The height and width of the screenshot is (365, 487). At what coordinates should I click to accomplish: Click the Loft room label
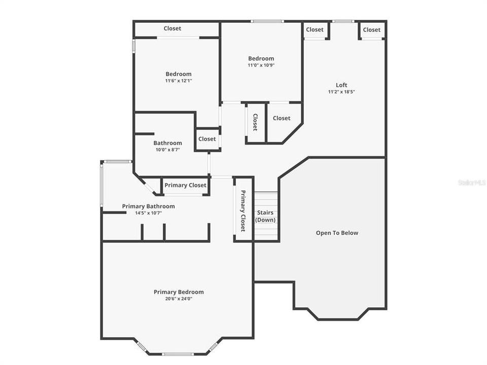coord(341,85)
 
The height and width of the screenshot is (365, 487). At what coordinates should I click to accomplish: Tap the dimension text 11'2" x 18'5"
coord(341,92)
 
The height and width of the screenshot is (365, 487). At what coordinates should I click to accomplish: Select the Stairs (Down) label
coord(266,216)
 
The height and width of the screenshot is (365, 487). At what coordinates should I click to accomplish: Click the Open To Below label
coord(337,233)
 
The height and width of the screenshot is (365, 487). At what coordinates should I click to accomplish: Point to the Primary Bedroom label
coord(179,292)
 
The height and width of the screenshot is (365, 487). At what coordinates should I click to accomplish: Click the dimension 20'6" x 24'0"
coord(179,299)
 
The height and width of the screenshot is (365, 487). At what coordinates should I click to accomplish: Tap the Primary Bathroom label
coord(148,206)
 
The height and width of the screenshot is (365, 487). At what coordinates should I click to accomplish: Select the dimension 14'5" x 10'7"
coord(148,213)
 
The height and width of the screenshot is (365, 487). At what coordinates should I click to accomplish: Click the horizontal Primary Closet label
coord(185,186)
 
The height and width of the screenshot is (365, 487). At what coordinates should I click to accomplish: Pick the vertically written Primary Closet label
coord(243,211)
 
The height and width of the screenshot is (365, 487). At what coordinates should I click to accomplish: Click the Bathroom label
coord(167,143)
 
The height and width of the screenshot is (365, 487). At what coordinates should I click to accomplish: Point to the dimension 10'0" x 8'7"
coord(167,150)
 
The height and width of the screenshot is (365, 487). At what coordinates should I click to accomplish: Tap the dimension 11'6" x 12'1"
coord(178,81)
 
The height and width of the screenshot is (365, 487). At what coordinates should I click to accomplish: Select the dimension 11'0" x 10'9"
coord(261,65)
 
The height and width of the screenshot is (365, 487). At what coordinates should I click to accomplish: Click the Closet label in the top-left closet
coord(172,29)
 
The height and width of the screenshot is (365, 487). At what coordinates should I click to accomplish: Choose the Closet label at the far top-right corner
coord(371,30)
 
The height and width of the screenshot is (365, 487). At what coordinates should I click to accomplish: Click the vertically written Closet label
coord(255,122)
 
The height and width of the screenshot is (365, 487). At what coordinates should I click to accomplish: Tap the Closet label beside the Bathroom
coord(207,139)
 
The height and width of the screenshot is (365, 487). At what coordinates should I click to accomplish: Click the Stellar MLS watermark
coord(471,182)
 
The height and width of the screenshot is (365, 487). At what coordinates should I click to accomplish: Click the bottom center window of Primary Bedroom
coord(178,354)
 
